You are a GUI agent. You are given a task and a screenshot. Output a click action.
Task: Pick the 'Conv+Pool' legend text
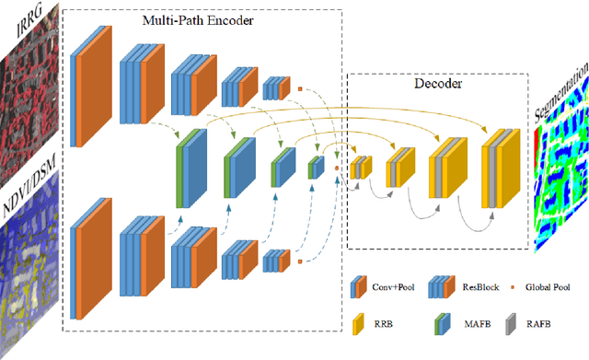393,286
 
